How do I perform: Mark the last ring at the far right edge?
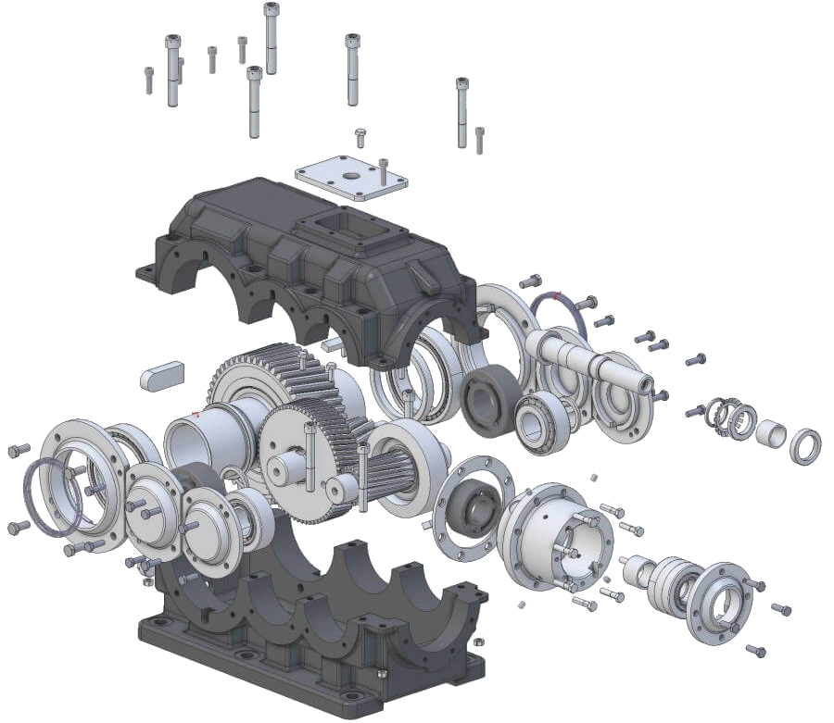806,446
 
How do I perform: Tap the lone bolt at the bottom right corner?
757,651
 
